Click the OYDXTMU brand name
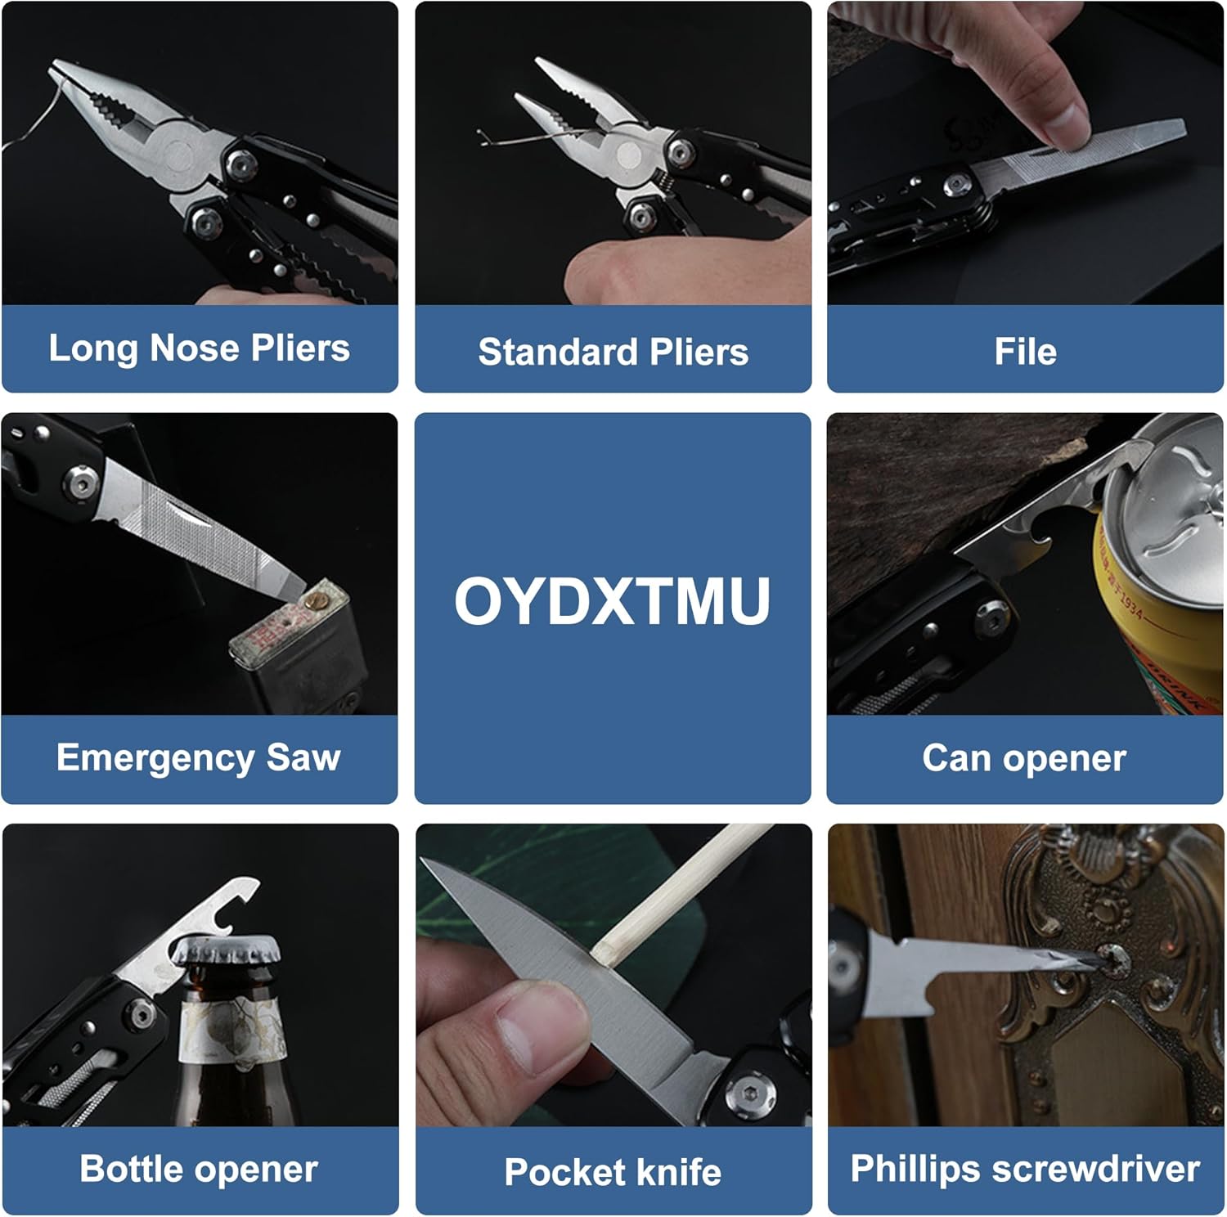click(613, 601)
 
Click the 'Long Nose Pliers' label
click(199, 348)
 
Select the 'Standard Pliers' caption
click(613, 352)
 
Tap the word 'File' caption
click(1025, 352)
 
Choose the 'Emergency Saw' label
click(199, 757)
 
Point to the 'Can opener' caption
click(1024, 758)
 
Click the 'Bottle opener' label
click(199, 1169)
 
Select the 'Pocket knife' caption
click(613, 1171)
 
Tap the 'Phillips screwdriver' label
click(1025, 1169)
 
